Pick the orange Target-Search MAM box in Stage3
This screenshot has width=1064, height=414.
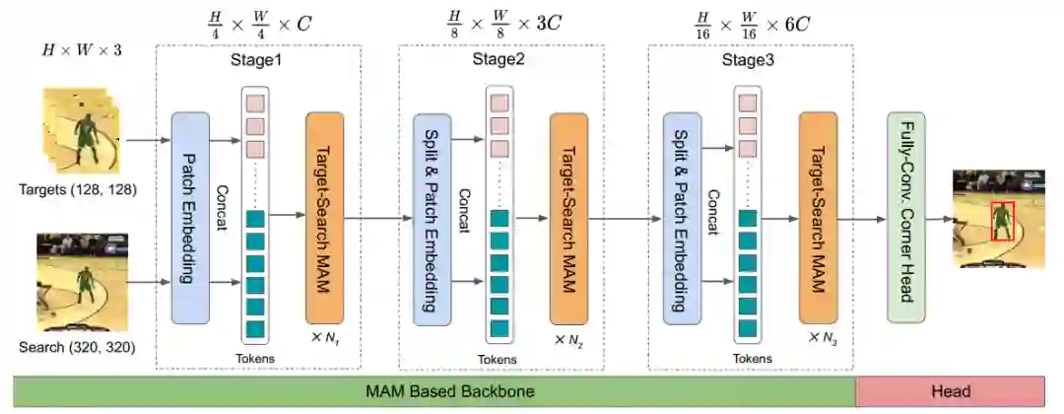(818, 218)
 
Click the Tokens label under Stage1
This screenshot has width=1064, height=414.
(255, 358)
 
